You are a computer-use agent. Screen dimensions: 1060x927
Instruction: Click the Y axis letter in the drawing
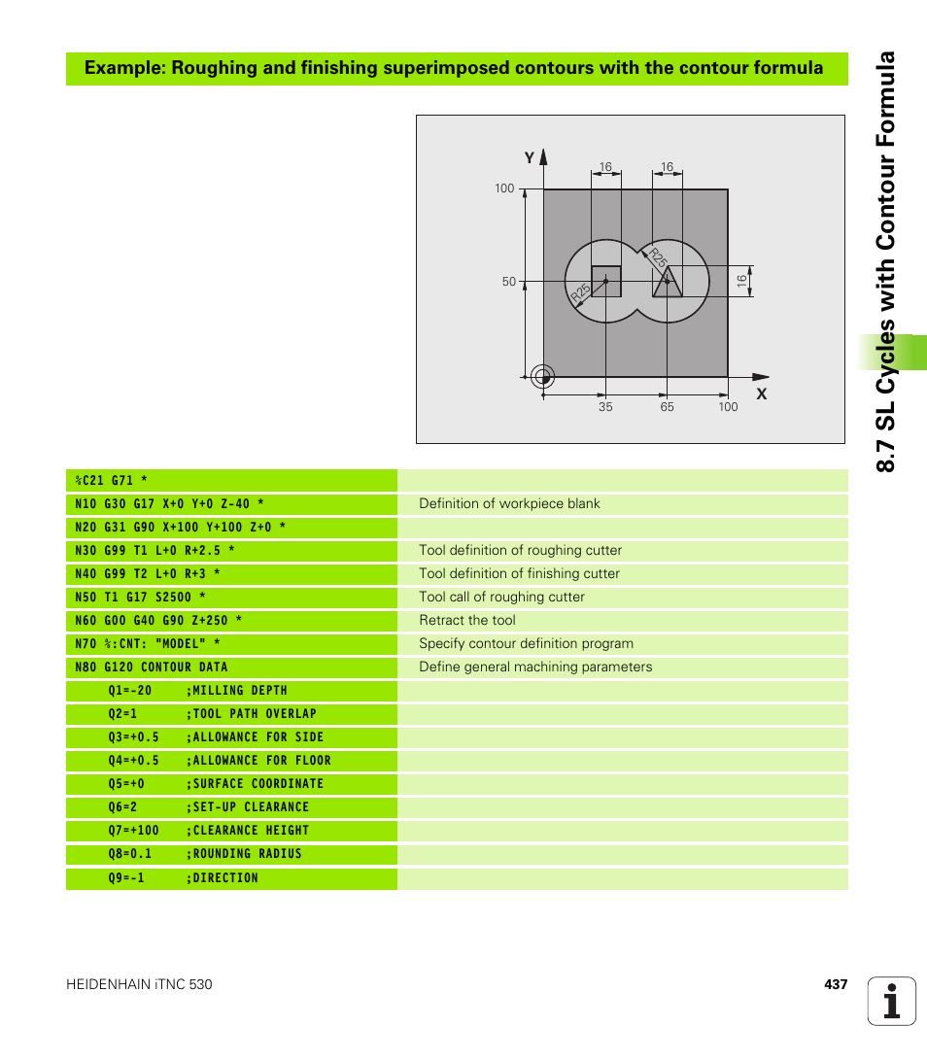click(x=530, y=157)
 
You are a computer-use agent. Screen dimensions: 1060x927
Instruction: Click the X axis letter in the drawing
click(x=762, y=394)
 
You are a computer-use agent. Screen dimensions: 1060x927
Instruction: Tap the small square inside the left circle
click(x=606, y=281)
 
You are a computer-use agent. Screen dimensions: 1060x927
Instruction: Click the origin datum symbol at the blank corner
click(x=542, y=376)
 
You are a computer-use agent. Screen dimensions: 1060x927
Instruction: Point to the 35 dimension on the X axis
click(x=605, y=407)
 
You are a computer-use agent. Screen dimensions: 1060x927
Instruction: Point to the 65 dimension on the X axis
click(x=667, y=407)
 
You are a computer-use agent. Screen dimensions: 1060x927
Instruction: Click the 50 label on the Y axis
click(x=508, y=282)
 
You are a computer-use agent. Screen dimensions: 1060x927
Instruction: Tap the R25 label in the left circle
click(x=580, y=291)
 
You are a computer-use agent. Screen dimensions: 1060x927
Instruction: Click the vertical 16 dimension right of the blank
click(x=741, y=281)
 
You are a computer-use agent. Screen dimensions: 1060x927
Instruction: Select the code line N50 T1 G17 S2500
click(x=140, y=598)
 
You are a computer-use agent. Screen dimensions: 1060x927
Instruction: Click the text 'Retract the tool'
click(x=467, y=620)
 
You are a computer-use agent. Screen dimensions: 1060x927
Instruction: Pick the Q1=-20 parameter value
click(x=130, y=691)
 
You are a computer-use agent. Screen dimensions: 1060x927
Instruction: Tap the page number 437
click(x=836, y=984)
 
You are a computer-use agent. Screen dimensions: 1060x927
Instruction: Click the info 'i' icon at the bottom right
click(x=892, y=1002)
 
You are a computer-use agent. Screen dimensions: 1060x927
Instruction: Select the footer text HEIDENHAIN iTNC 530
click(x=139, y=984)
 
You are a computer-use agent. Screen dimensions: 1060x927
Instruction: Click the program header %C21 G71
click(x=111, y=481)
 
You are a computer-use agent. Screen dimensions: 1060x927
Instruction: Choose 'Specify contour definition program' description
click(x=526, y=643)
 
